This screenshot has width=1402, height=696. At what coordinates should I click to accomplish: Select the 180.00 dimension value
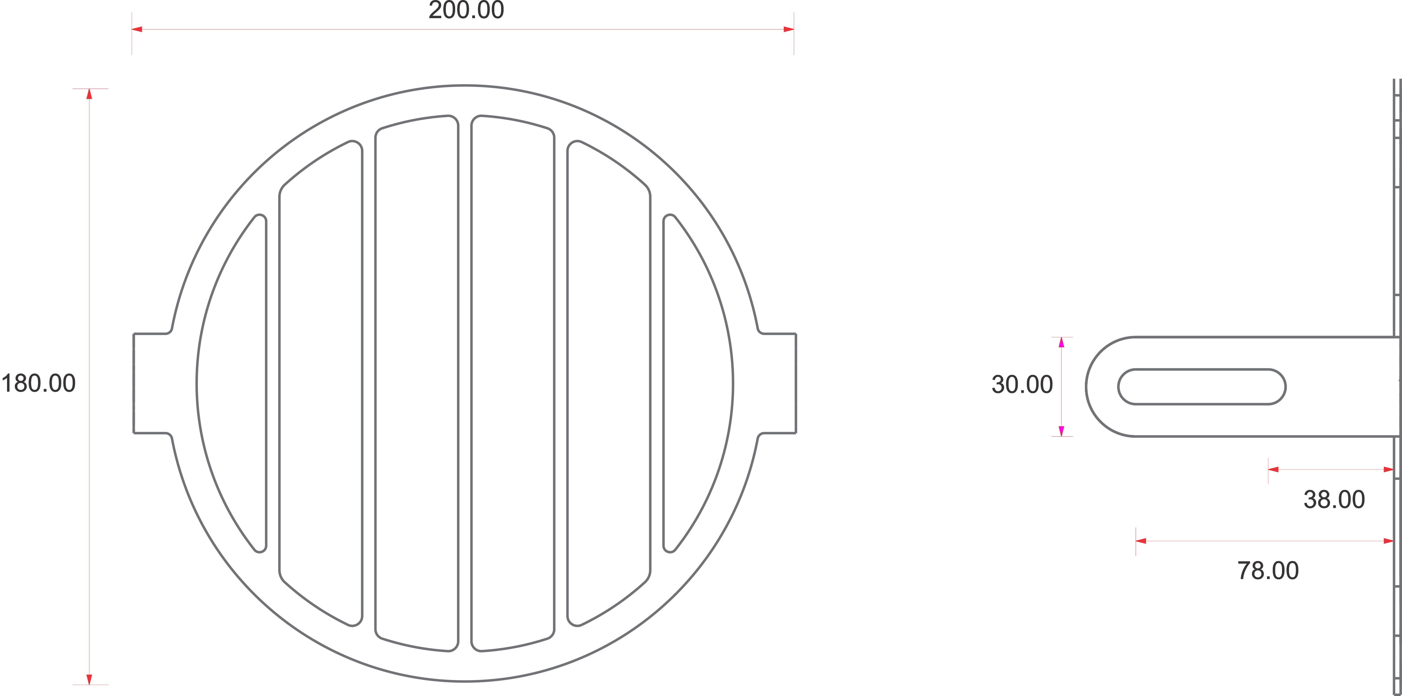pos(38,384)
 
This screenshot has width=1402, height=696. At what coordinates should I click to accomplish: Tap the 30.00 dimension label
pos(1022,385)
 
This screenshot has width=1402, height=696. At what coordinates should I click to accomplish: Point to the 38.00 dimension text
pos(1334,499)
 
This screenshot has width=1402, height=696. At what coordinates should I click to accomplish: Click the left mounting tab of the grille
pos(152,384)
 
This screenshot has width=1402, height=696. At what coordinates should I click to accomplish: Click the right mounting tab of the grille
pos(777,384)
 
